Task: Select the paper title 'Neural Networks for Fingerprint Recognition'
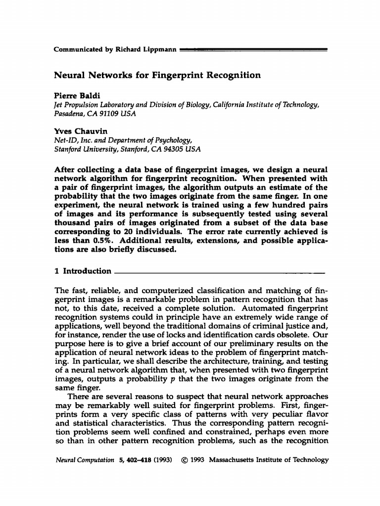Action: click(157, 76)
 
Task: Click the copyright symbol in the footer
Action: click(183, 460)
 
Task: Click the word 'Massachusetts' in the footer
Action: click(233, 460)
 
